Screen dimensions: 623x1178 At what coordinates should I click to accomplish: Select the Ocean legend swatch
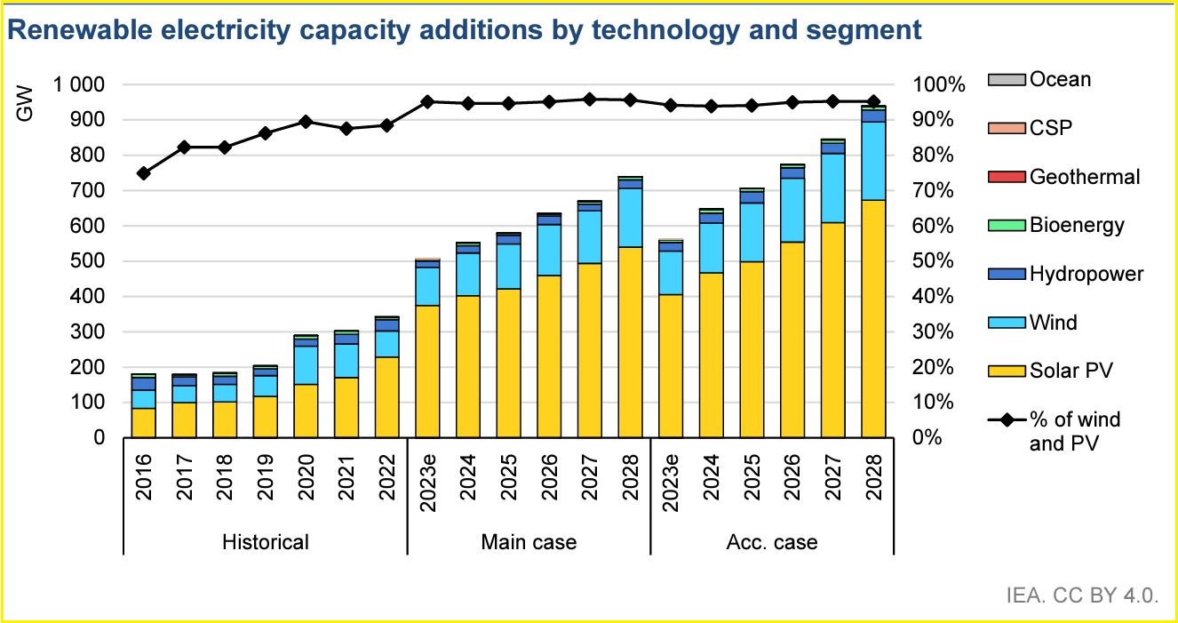pyautogui.click(x=1007, y=80)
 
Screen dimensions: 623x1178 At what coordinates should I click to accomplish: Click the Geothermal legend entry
pyautogui.click(x=1084, y=177)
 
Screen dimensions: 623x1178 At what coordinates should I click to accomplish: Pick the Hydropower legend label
pyautogui.click(x=1086, y=274)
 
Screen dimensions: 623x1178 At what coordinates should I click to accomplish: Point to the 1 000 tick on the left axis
pyautogui.click(x=77, y=84)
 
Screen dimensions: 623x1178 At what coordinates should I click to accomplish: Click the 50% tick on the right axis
pyautogui.click(x=940, y=261)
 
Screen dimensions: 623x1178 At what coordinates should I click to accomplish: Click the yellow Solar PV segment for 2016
pyautogui.click(x=144, y=422)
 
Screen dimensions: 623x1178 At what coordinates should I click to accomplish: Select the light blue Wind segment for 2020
pyautogui.click(x=306, y=364)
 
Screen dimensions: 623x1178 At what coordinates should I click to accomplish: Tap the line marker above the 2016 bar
pyautogui.click(x=144, y=173)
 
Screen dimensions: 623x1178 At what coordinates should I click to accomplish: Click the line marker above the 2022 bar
pyautogui.click(x=387, y=125)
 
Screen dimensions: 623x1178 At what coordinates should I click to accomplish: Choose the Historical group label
pyautogui.click(x=266, y=542)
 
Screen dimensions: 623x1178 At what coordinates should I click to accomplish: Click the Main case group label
pyautogui.click(x=529, y=542)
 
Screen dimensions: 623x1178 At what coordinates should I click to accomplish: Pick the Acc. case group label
pyautogui.click(x=773, y=542)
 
